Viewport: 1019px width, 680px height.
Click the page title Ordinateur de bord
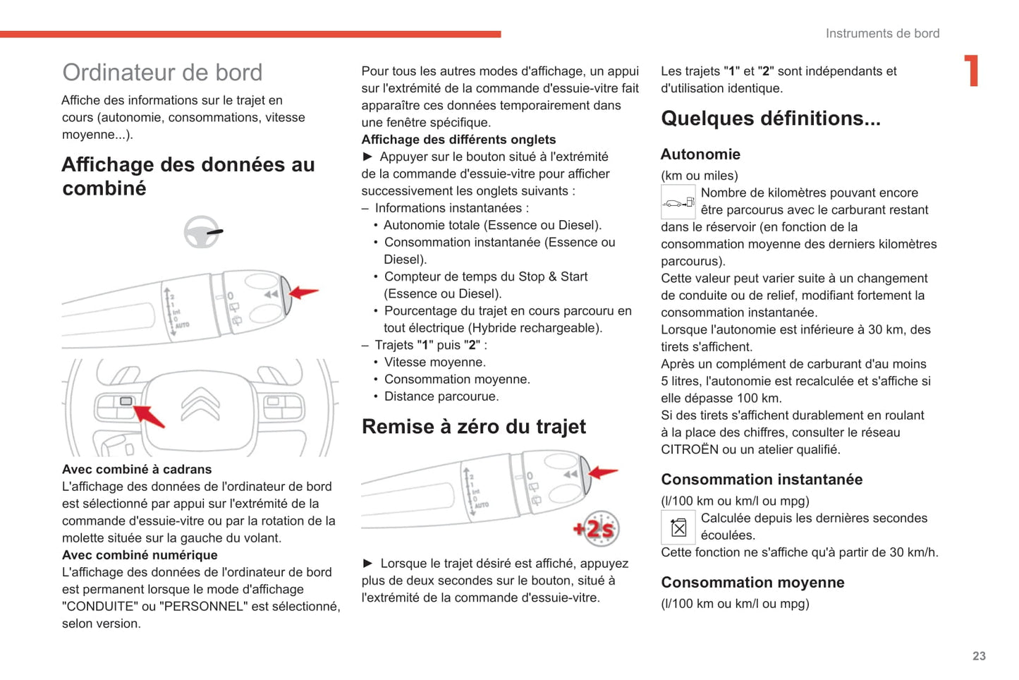pyautogui.click(x=162, y=73)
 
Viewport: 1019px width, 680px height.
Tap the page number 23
pyautogui.click(x=979, y=656)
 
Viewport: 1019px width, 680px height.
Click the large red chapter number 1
pyautogui.click(x=972, y=71)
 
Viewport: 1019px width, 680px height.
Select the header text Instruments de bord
pyautogui.click(x=882, y=33)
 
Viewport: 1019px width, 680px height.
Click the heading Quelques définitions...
pyautogui.click(x=770, y=119)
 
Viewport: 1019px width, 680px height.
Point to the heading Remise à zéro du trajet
pyautogui.click(x=473, y=427)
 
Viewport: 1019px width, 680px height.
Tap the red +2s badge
pyautogui.click(x=597, y=528)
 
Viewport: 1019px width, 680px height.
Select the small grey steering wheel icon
pyautogui.click(x=202, y=232)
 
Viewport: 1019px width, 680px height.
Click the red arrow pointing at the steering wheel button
pyautogui.click(x=150, y=415)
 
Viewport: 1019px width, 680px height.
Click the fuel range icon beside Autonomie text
pyautogui.click(x=678, y=202)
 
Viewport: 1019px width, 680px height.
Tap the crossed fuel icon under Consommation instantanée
pyautogui.click(x=678, y=527)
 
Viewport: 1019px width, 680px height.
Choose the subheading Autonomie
pyautogui.click(x=700, y=154)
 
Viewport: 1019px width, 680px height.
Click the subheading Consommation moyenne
pyautogui.click(x=752, y=583)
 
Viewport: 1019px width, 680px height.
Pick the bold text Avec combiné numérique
pyautogui.click(x=140, y=555)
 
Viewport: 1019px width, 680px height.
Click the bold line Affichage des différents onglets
pyautogui.click(x=458, y=140)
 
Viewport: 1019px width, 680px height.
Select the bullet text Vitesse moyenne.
pyautogui.click(x=434, y=363)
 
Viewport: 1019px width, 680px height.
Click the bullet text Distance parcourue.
pyautogui.click(x=441, y=396)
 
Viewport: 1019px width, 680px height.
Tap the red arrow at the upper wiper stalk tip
pyautogui.click(x=304, y=291)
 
